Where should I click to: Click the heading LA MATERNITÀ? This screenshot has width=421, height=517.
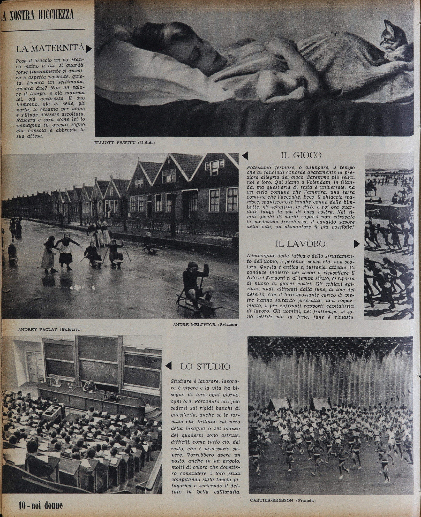coord(50,48)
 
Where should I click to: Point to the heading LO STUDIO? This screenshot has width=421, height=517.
coord(205,366)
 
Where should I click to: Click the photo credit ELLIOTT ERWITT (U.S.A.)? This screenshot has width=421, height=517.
coord(125,143)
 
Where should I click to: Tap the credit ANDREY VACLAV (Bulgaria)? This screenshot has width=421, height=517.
coord(50,330)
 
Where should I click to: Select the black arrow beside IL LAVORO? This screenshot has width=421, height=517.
coord(357,244)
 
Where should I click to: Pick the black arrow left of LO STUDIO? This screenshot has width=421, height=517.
coord(168,366)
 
